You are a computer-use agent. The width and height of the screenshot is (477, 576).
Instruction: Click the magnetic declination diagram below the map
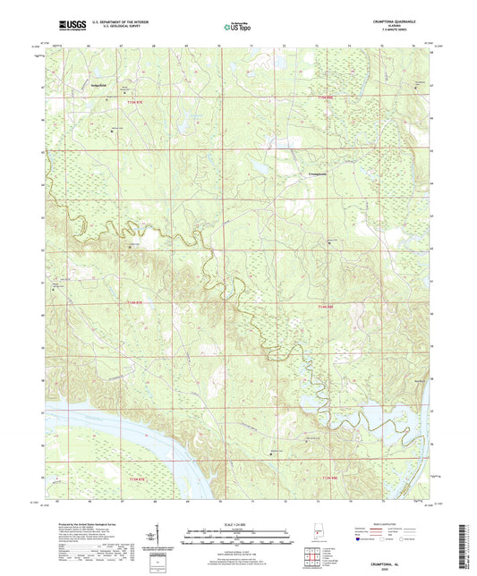click(x=162, y=544)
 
